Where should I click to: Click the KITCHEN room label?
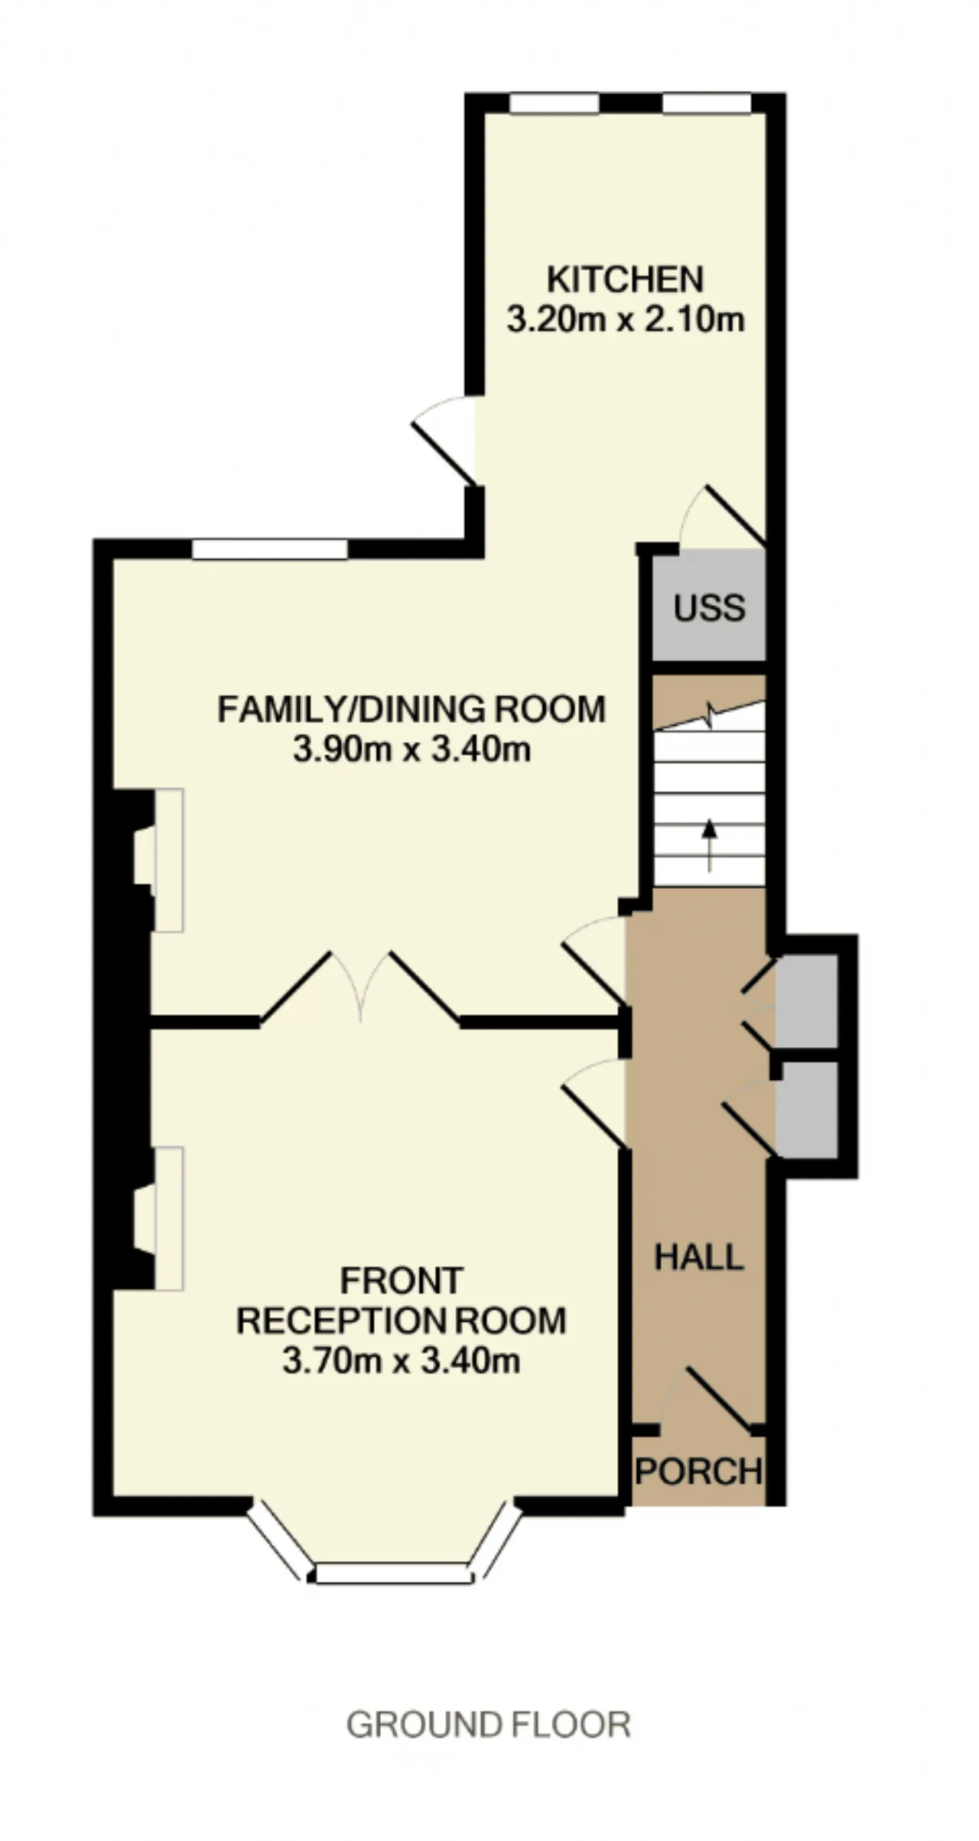click(x=625, y=279)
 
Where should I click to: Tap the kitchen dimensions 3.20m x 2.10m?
click(x=626, y=319)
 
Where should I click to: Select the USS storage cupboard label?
click(x=709, y=608)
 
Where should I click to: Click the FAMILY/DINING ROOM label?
click(x=411, y=709)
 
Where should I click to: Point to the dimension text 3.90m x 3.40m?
click(x=411, y=750)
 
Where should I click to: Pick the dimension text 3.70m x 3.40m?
click(x=402, y=1361)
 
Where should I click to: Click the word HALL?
click(x=699, y=1257)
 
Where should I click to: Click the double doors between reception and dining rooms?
click(x=361, y=987)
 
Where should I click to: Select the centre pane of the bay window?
click(x=392, y=1573)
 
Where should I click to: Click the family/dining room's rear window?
click(x=269, y=549)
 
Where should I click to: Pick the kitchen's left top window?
click(x=555, y=103)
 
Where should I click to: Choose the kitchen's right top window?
click(x=707, y=103)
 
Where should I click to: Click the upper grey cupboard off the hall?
click(x=807, y=1000)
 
